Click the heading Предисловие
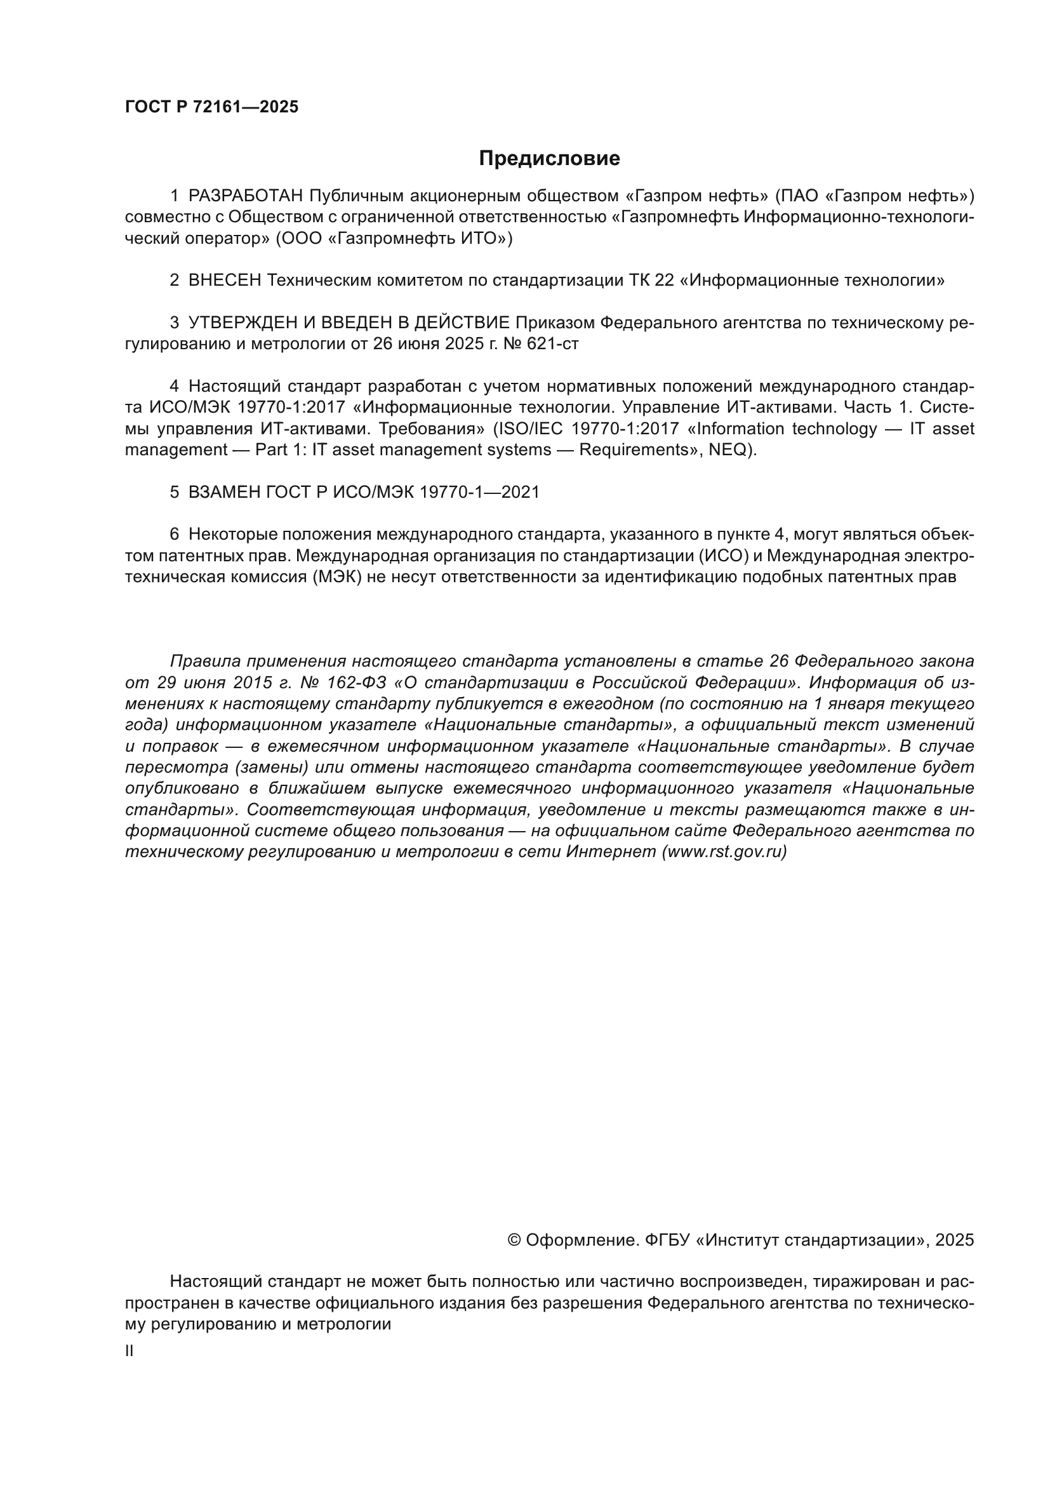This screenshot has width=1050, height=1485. [549, 159]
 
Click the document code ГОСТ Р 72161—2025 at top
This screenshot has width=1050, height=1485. [211, 107]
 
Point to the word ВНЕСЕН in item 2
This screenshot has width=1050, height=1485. [224, 281]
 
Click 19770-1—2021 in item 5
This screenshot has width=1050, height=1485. [479, 492]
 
